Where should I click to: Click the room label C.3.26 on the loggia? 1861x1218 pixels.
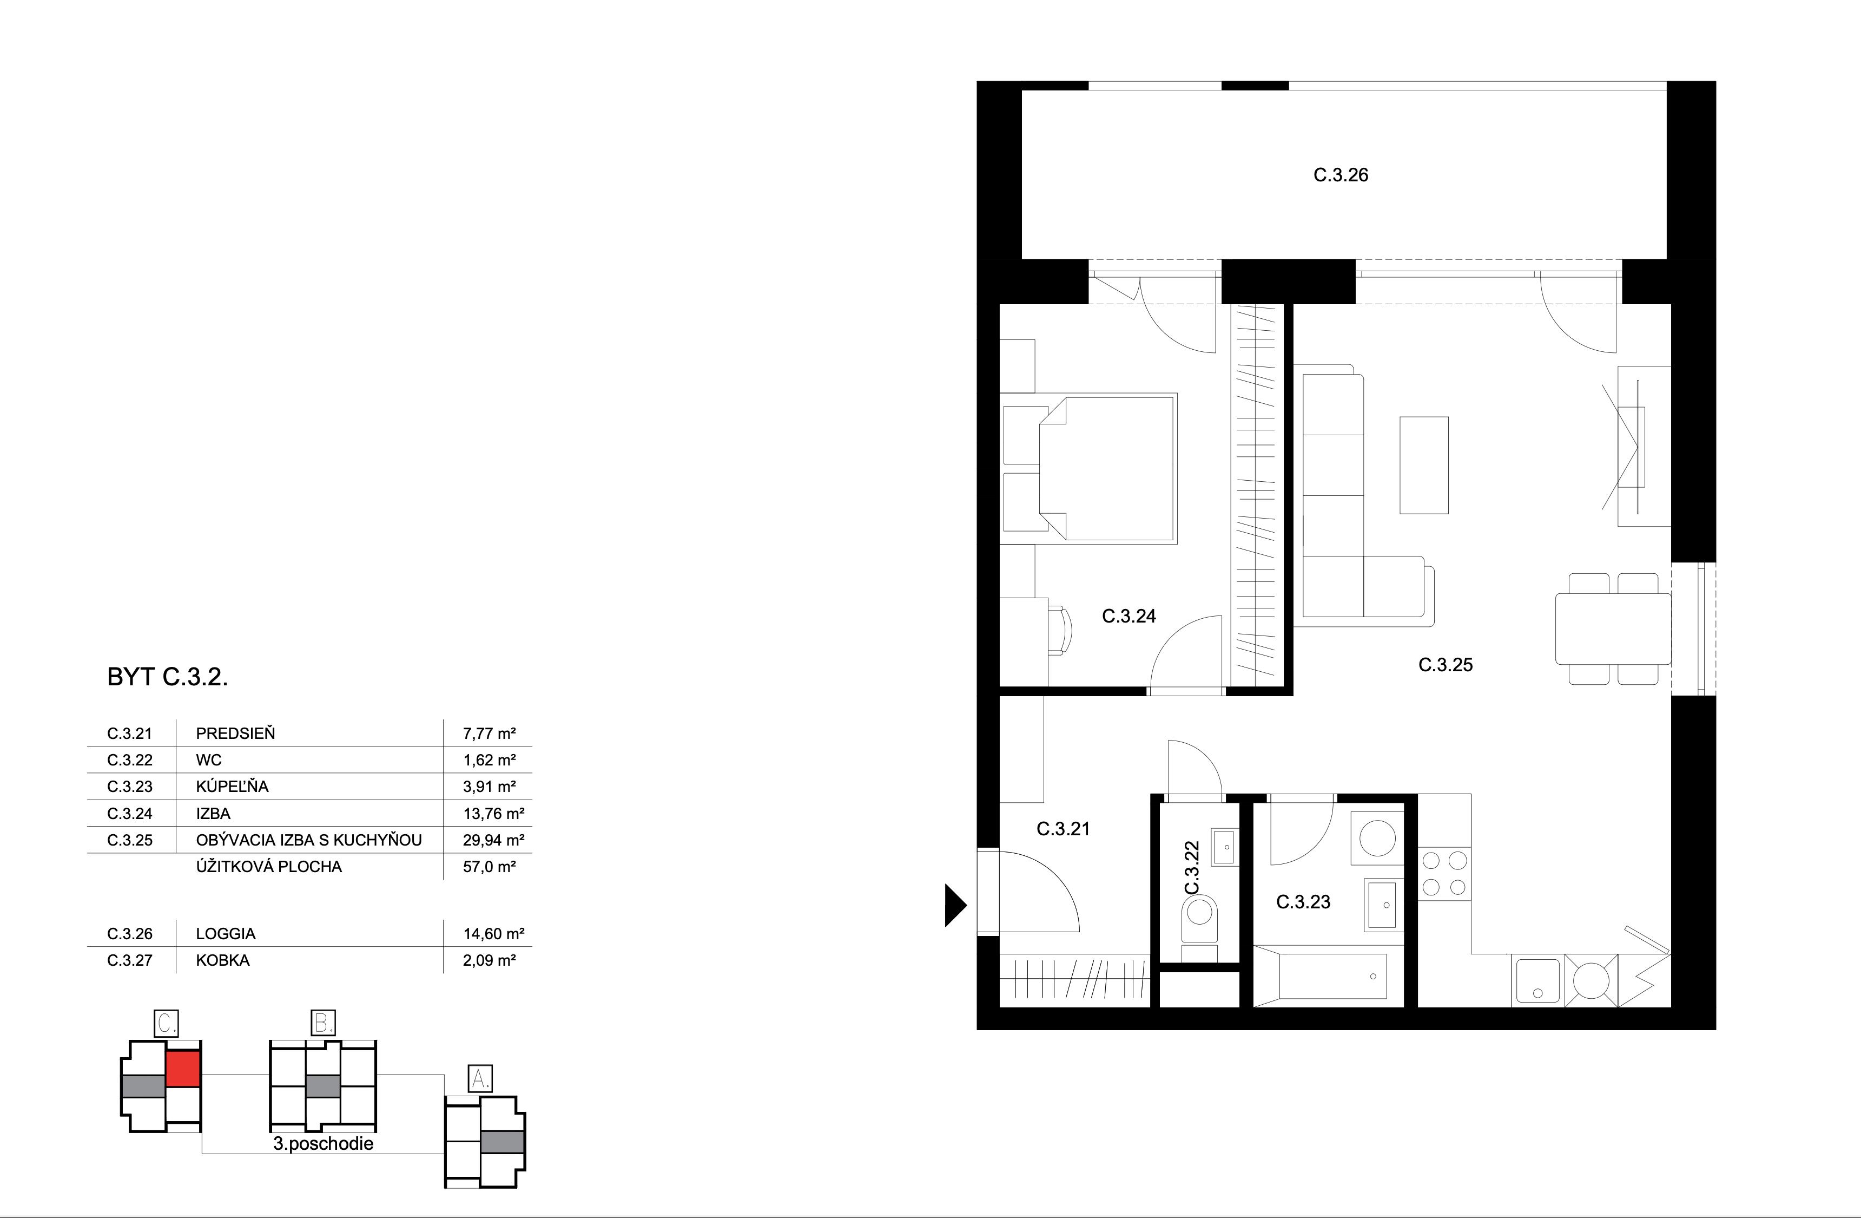point(1340,175)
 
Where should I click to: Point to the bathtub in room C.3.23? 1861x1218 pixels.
point(1321,975)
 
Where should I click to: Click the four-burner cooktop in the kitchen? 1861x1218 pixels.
point(1444,874)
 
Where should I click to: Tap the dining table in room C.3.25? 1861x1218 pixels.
point(1612,628)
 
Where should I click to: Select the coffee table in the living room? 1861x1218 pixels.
point(1423,464)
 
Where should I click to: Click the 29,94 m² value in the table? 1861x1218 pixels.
point(493,840)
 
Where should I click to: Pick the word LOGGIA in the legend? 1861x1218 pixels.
point(225,933)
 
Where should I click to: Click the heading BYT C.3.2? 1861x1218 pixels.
point(167,677)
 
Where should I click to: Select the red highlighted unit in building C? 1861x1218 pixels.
point(184,1069)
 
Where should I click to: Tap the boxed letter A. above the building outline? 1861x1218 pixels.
point(479,1079)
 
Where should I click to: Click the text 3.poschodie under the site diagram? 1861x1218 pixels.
point(323,1144)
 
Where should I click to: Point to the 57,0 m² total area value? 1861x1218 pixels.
point(489,867)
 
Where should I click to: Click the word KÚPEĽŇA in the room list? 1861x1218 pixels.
point(232,786)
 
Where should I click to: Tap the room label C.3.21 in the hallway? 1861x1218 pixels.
point(1063,828)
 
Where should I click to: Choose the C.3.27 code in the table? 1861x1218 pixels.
point(130,960)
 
